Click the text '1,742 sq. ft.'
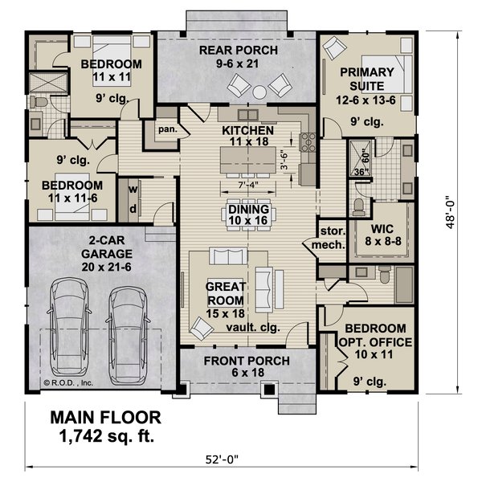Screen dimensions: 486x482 tap(106, 437)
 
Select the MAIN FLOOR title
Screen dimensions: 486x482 tap(106, 418)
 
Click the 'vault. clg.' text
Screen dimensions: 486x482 tap(255, 329)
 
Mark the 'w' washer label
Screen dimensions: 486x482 tap(133, 190)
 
